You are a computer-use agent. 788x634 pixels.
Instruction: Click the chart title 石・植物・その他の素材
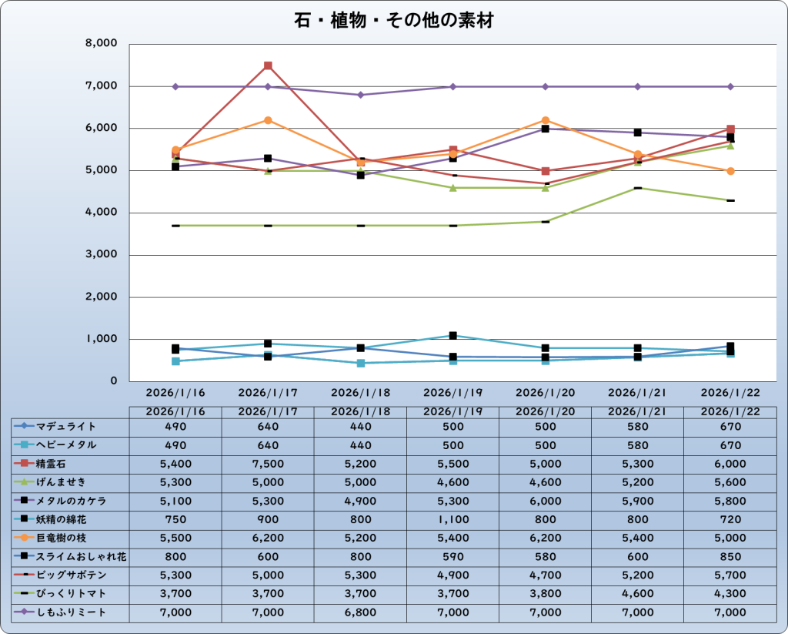393,21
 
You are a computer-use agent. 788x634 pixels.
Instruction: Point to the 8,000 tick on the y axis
101,44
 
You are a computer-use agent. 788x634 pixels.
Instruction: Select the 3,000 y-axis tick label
101,255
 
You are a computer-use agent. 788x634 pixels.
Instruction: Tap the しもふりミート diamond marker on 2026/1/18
360,95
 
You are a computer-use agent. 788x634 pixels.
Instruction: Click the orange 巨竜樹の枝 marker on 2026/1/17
268,120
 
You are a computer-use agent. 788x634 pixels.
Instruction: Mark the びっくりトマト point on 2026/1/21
638,188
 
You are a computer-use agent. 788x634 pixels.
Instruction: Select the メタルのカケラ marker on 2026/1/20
546,129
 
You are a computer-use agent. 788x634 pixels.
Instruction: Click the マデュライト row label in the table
66,426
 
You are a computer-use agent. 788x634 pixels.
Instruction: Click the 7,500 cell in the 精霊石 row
268,464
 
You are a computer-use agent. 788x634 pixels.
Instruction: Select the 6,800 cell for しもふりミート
360,612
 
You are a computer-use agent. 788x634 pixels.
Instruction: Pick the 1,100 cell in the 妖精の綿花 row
452,519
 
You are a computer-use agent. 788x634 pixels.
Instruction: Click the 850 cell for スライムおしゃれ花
730,556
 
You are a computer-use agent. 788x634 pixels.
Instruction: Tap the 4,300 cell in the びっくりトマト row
730,594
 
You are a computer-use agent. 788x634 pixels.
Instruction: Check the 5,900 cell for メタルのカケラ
638,501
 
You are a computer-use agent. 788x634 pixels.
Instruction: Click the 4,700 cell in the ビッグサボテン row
546,575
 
